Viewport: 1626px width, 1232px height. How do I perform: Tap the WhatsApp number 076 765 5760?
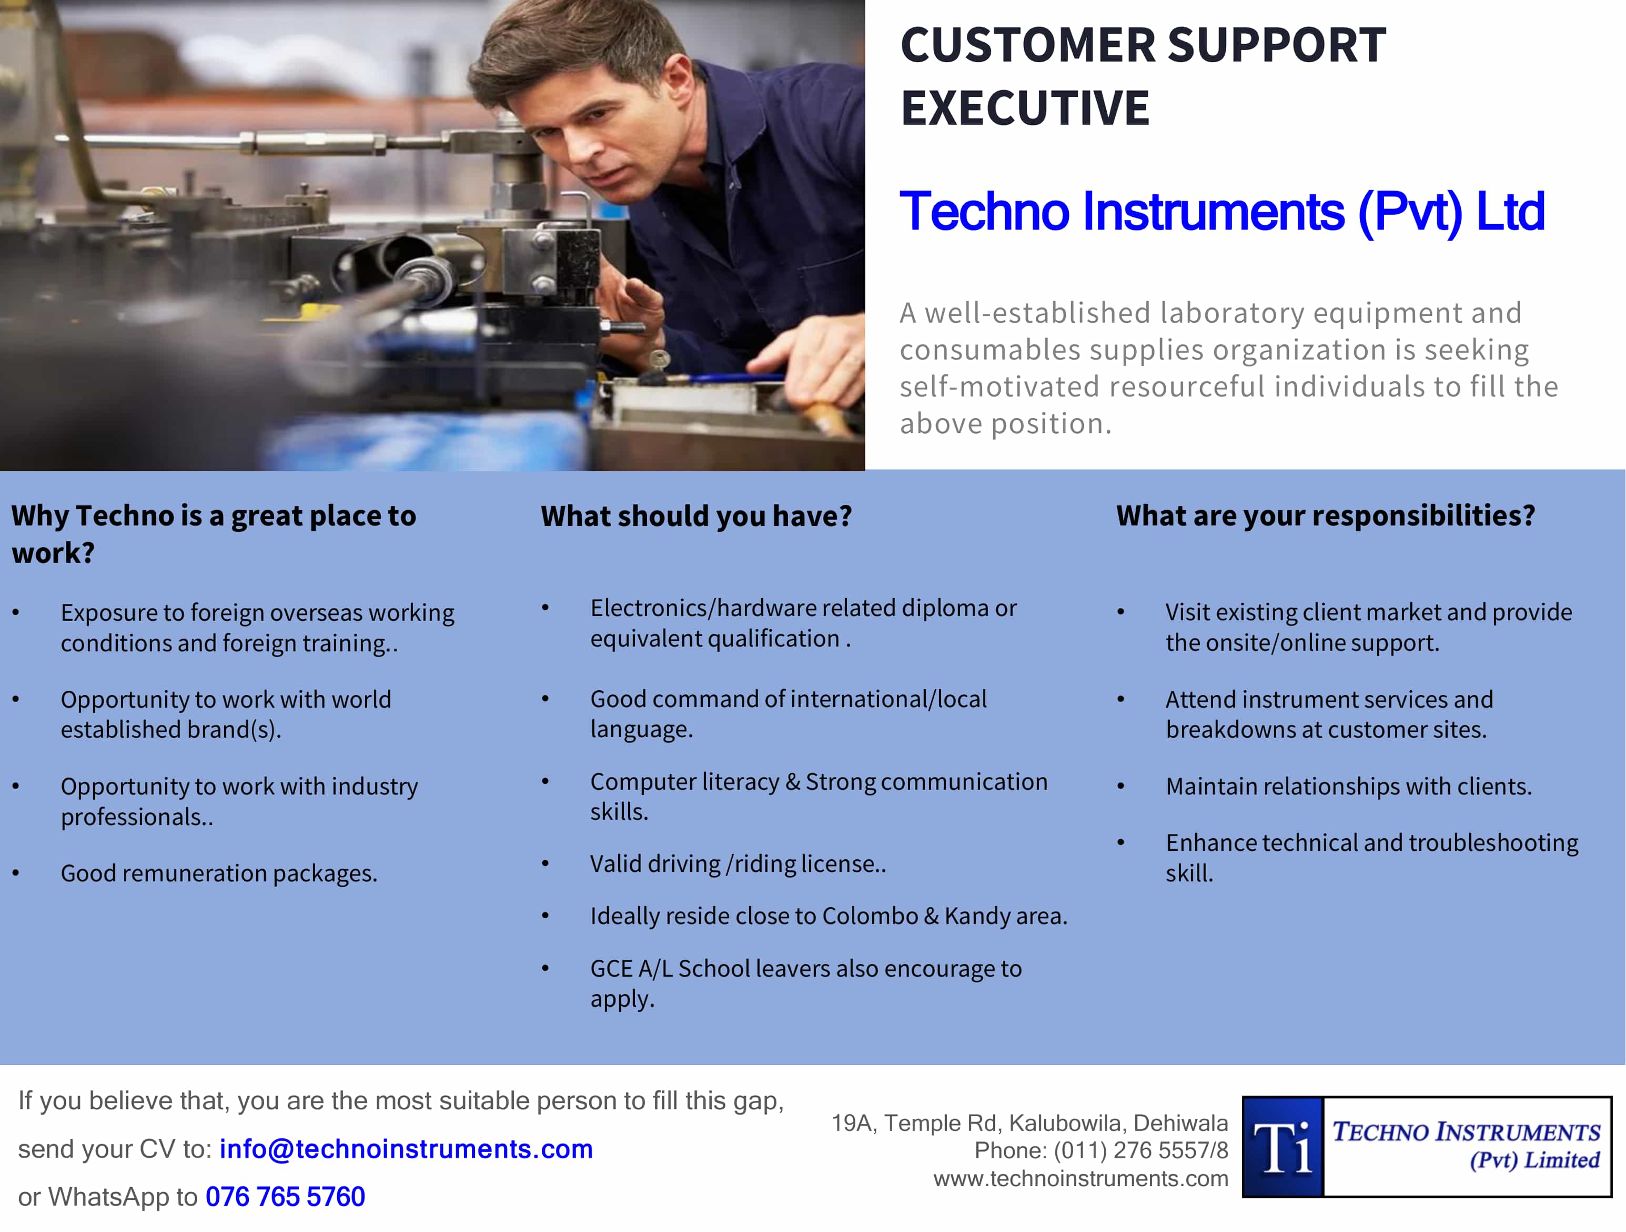285,1197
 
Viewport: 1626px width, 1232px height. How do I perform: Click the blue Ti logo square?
1282,1147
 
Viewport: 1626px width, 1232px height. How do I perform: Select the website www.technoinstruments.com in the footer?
1080,1178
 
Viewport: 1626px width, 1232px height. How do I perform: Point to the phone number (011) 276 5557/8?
1141,1150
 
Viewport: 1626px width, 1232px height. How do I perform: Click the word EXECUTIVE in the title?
1025,108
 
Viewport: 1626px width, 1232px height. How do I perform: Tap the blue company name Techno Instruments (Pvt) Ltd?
1221,212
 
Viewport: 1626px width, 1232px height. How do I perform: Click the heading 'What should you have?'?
696,516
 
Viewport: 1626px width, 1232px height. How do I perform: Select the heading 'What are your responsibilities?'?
1325,515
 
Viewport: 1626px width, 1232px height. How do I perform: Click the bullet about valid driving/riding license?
738,863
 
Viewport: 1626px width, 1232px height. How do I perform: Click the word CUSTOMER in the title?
1028,46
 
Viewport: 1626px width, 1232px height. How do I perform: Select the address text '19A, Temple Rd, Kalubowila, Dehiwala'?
1029,1123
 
